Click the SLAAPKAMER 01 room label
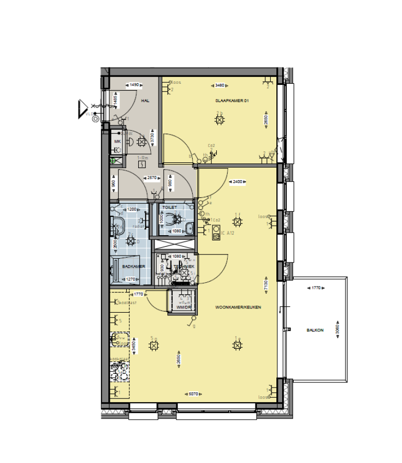tap(231, 100)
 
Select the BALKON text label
tap(315, 330)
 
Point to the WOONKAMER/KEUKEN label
tap(238, 307)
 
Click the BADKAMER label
tap(130, 267)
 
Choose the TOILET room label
tap(170, 207)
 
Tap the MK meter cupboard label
tap(117, 141)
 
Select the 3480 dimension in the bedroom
tap(220, 85)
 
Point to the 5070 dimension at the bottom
tap(193, 394)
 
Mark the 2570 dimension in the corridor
tap(153, 178)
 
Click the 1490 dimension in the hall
tap(134, 85)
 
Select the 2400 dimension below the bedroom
tap(238, 182)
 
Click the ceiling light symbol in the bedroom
tap(219, 120)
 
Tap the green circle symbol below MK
tap(113, 161)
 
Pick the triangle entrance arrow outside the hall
tap(82, 108)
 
